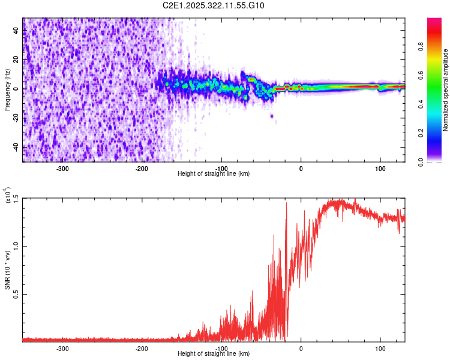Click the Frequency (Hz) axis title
coord(7,90)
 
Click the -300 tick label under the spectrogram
coord(63,169)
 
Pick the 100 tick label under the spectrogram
coord(380,169)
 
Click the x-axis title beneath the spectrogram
coord(214,174)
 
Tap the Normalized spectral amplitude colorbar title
coord(446,90)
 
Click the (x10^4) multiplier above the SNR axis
coord(8,196)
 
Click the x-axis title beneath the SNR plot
coord(214,354)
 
